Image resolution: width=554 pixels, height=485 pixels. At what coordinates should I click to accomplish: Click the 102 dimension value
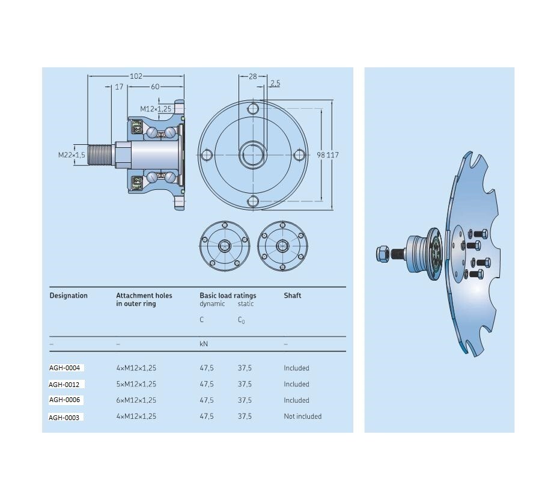pos(136,76)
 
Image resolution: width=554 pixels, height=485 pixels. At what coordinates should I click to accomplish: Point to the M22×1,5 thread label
pos(72,155)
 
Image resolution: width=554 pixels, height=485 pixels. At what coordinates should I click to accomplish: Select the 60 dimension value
pos(156,87)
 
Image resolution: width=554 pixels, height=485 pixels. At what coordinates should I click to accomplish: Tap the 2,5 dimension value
pos(275,84)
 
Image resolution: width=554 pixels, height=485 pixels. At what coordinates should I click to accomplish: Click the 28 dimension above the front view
pos(252,76)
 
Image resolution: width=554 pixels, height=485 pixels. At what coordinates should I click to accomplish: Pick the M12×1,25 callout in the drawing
pos(156,109)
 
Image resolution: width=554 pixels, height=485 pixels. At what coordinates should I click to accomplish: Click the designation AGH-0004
pos(65,368)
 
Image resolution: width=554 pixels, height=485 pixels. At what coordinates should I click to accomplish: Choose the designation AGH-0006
pos(65,400)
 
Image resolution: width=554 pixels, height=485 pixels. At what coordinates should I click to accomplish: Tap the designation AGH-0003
pos(65,416)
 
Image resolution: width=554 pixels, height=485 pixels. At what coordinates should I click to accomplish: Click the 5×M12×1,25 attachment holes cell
pos(136,384)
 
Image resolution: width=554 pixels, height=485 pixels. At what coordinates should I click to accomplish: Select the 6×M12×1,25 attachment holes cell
pos(136,400)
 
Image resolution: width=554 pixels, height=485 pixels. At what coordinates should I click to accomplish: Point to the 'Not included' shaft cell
pos(302,416)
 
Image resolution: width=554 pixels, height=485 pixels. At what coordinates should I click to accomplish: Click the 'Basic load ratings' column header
pos(228,296)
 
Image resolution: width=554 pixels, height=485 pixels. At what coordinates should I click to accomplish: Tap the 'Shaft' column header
pos(293,296)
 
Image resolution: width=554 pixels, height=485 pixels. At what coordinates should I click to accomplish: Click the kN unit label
pos(204,344)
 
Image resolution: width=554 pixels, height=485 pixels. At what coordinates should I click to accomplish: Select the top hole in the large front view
pos(253,109)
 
